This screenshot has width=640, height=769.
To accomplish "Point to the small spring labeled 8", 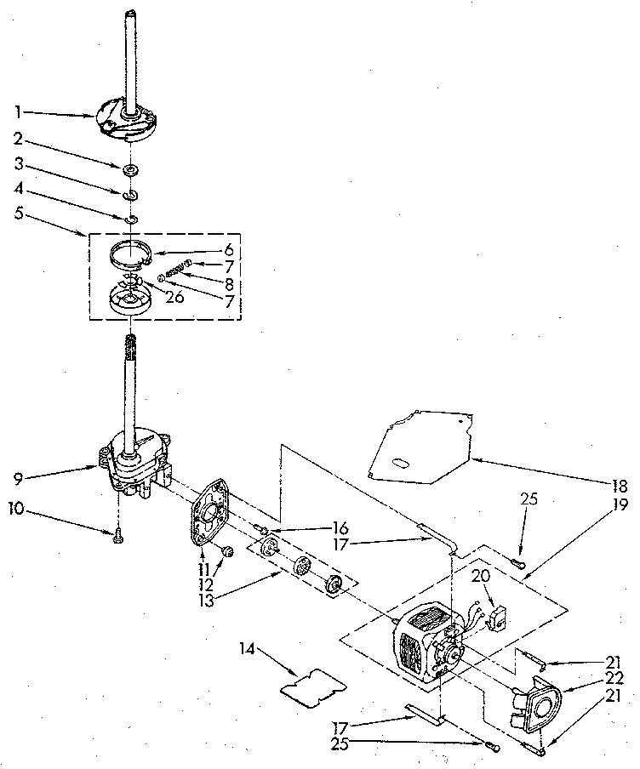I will click(174, 270).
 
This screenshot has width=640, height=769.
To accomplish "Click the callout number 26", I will click(175, 298).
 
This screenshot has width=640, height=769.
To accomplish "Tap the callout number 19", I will click(620, 504).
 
